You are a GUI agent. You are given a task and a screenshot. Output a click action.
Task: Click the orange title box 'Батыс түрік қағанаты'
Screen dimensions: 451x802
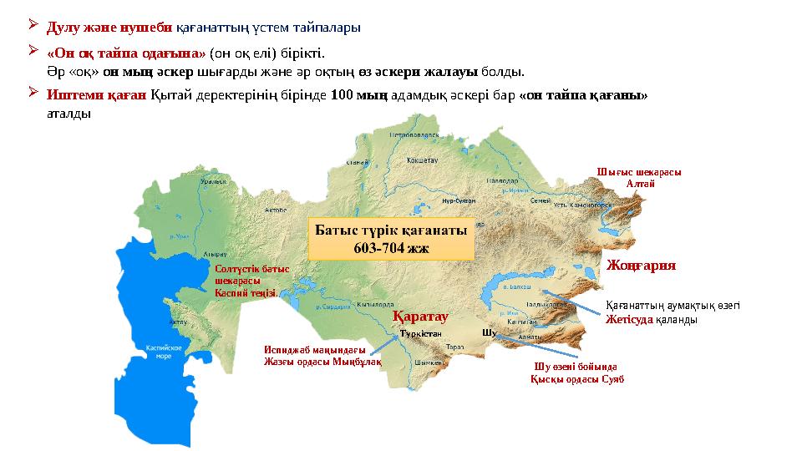[x=393, y=238]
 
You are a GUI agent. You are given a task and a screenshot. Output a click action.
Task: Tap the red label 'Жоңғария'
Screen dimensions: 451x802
[x=641, y=265]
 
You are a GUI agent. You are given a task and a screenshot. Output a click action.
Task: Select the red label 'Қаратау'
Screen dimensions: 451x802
[x=420, y=317]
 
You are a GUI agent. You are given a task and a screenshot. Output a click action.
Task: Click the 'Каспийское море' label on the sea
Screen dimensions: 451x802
[x=159, y=350]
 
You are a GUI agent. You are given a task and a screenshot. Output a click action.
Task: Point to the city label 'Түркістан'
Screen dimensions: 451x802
[x=420, y=332]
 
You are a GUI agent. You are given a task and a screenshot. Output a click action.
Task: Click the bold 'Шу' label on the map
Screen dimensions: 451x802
[x=490, y=332]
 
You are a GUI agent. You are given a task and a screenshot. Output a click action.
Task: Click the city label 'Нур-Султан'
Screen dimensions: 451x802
[x=459, y=200]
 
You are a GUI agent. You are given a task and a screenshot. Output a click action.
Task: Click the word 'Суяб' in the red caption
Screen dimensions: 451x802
[x=612, y=378]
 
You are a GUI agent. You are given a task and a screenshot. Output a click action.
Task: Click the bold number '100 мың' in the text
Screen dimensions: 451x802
[x=358, y=95]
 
